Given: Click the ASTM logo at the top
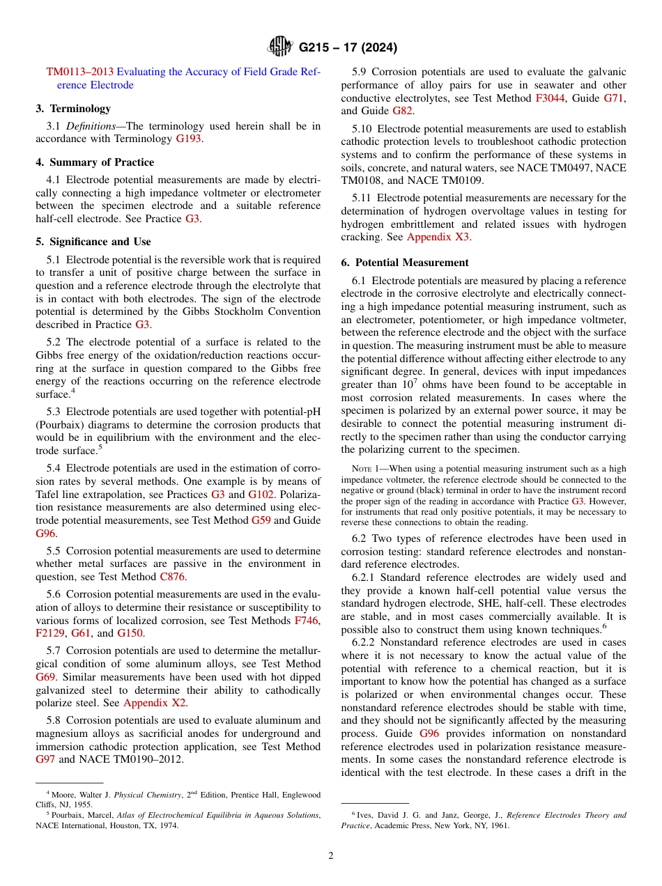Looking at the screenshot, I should click(x=280, y=47).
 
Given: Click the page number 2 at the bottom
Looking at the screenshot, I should click(x=331, y=856).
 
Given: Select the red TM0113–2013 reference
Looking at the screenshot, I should click(x=80, y=72).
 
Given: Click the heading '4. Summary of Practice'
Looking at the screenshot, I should click(x=95, y=162).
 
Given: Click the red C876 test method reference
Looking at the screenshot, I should click(x=173, y=577).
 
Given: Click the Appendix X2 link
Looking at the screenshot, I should click(x=155, y=703).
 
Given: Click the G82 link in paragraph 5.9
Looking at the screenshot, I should click(x=402, y=111).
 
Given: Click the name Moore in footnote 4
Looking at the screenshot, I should click(x=66, y=795).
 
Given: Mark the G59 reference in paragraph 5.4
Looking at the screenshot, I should click(x=261, y=520).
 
